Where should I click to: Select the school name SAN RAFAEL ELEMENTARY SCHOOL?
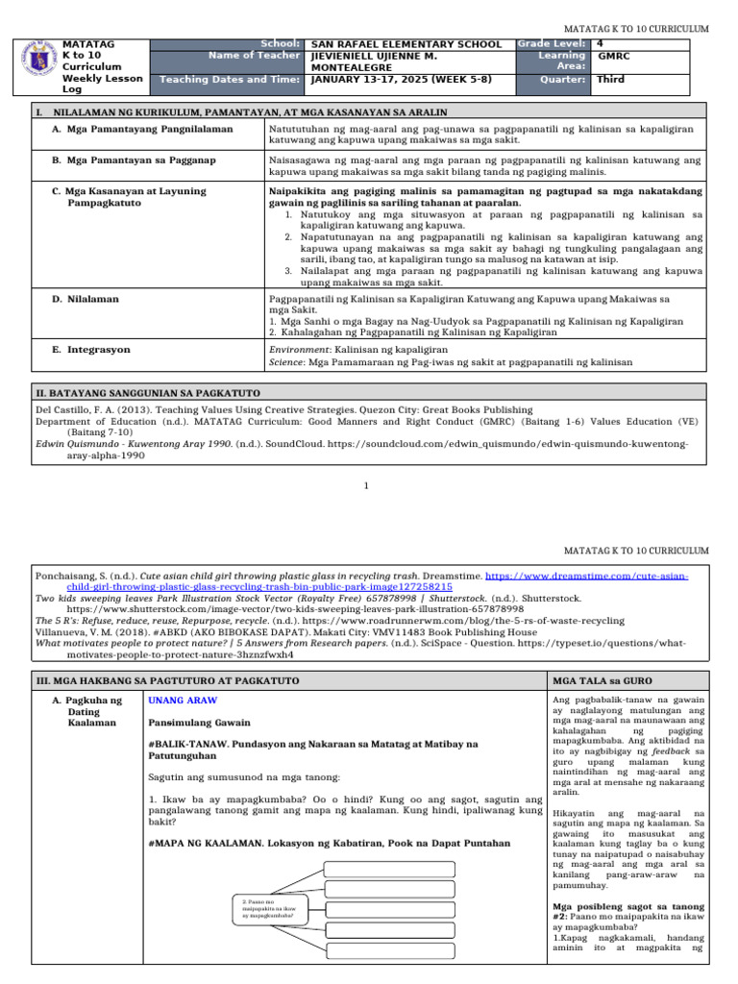click(406, 44)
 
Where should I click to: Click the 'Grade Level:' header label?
click(553, 44)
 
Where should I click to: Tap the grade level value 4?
click(601, 44)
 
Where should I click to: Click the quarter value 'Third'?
click(613, 81)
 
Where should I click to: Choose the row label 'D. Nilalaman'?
click(86, 299)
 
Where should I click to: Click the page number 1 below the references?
click(366, 485)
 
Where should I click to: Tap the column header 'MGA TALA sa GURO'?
click(599, 680)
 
